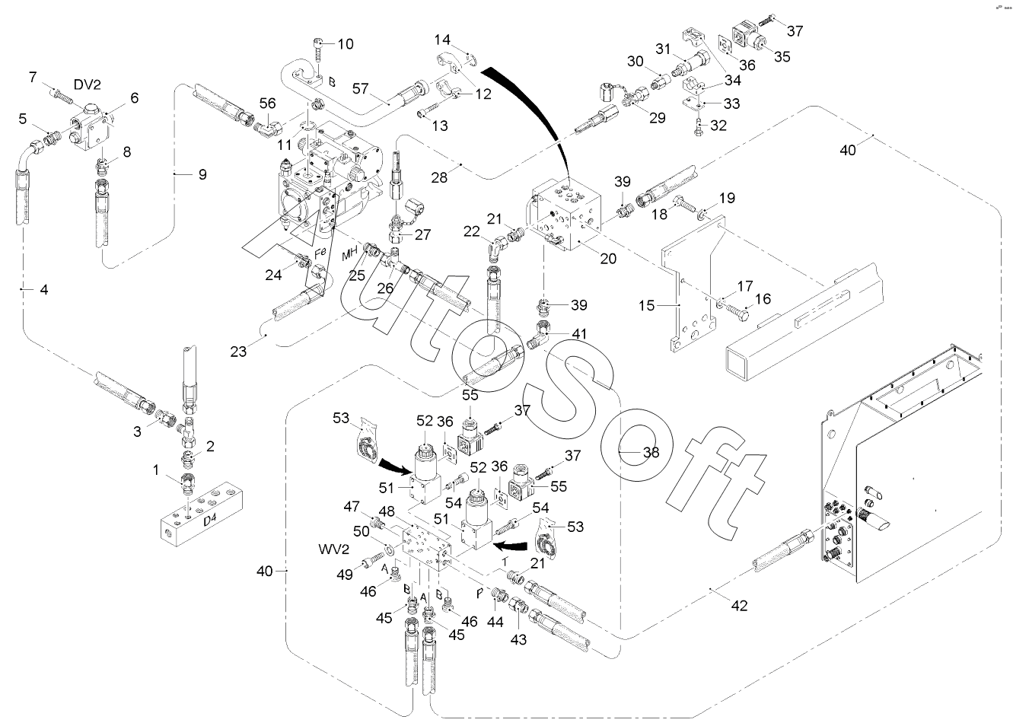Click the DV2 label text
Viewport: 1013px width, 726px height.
tap(88, 84)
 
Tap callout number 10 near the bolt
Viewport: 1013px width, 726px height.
tap(345, 44)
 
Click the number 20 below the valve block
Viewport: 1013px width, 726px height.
tap(608, 258)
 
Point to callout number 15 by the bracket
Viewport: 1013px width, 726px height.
tap(646, 306)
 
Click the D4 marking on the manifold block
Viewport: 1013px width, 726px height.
tap(212, 521)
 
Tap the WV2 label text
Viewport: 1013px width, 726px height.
tap(333, 549)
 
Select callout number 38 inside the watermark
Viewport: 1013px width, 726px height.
tap(651, 451)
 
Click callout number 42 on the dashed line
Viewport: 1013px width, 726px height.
tap(738, 606)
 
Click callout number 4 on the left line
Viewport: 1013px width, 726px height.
tap(43, 290)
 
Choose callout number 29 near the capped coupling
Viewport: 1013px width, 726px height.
tap(656, 118)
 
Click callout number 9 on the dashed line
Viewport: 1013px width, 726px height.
tap(202, 174)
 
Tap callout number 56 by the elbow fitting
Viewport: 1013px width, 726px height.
tap(267, 103)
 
